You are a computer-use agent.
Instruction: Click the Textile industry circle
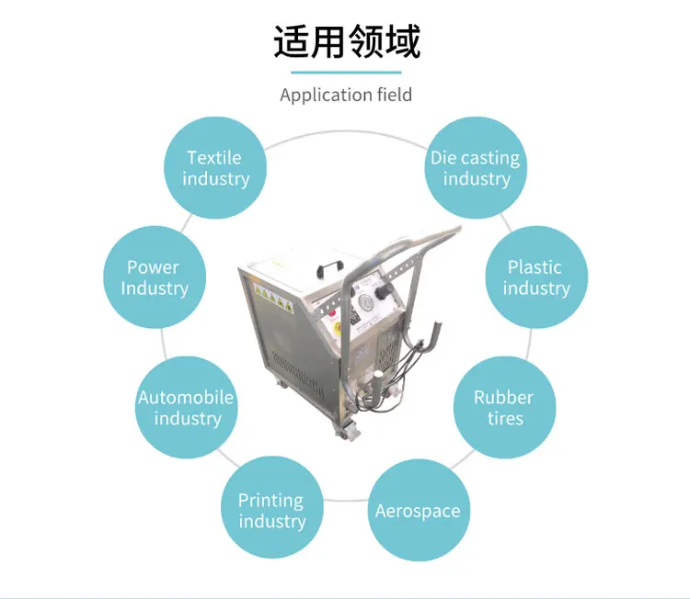215,168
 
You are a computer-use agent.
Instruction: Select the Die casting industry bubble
476,168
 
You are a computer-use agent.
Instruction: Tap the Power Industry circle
154,277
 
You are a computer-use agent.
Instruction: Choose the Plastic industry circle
535,277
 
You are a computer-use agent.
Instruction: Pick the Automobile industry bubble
187,408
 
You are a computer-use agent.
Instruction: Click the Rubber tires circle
504,408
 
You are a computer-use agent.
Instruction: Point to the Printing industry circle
271,511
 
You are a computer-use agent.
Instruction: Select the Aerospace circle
418,511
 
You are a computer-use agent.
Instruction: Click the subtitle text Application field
346,95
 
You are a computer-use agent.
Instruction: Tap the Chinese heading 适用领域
346,42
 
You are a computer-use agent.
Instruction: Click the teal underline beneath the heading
346,72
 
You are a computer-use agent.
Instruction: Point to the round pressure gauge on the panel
365,303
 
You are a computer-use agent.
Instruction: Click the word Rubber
503,398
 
